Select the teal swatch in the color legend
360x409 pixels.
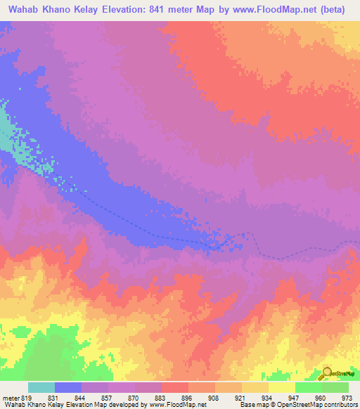41,387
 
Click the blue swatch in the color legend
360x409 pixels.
68,387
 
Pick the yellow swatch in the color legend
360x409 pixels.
281,387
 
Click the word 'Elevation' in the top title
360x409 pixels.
122,10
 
